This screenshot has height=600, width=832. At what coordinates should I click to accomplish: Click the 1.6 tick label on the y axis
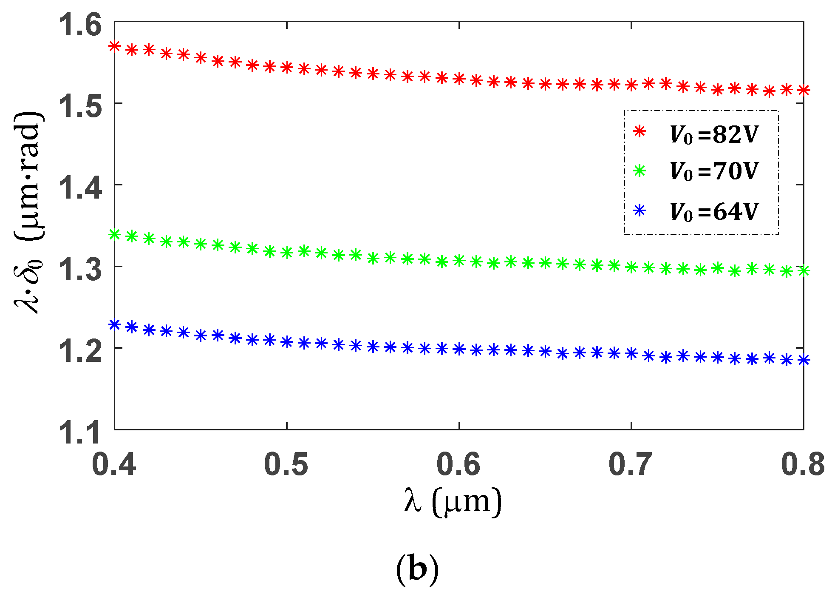click(x=80, y=24)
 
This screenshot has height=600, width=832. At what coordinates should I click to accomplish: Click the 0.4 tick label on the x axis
click(x=114, y=464)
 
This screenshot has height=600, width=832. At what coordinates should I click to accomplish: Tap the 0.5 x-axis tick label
click(x=286, y=464)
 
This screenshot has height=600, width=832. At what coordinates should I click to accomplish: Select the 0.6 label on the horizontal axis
click(x=458, y=464)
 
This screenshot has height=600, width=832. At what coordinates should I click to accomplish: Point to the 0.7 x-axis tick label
click(x=631, y=464)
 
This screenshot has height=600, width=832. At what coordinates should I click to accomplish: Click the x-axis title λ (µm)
click(x=453, y=502)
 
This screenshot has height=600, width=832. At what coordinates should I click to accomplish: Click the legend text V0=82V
click(x=714, y=134)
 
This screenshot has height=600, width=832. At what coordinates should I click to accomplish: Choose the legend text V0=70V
click(x=714, y=171)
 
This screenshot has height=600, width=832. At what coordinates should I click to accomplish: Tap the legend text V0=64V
click(x=714, y=211)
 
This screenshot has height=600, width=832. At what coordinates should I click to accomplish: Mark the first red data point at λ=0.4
click(x=115, y=46)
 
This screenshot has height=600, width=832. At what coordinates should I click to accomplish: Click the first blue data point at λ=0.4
click(x=115, y=325)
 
